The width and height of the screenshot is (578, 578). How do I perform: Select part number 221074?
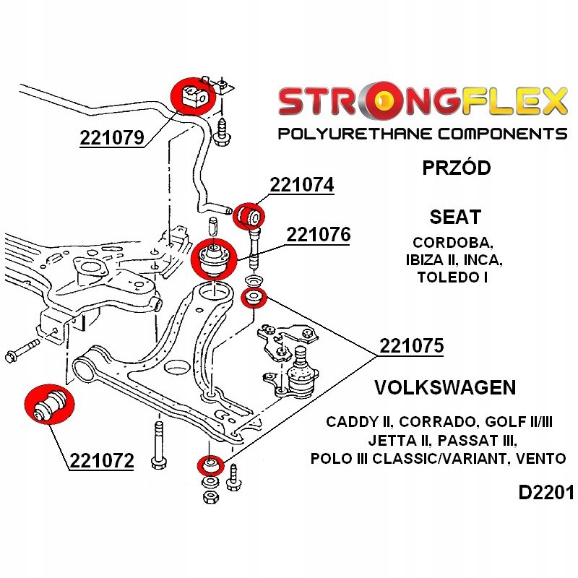point(302,186)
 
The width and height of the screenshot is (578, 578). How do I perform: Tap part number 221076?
point(318,236)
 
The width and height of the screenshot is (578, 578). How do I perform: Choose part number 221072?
point(102,460)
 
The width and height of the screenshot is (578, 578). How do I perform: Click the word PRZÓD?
point(456,168)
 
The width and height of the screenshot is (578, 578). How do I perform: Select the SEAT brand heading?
point(455,217)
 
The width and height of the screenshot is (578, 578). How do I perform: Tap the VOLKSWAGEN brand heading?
point(445,387)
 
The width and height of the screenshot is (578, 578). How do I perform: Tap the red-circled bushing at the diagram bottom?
point(210,466)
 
